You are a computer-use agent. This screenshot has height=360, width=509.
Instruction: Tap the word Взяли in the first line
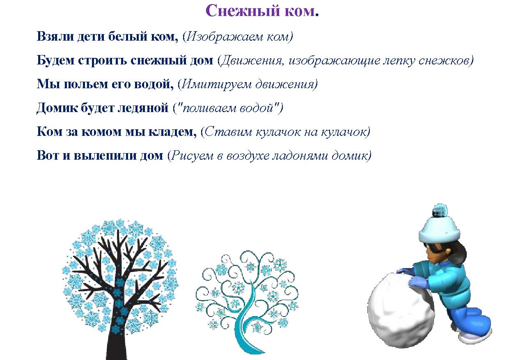[x=55, y=37]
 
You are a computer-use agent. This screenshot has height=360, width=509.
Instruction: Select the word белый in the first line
[x=128, y=37]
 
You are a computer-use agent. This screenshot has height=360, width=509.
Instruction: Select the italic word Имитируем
[x=217, y=84]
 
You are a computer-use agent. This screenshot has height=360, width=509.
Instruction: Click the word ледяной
[x=143, y=108]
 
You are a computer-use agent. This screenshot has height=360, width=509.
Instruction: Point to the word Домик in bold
[x=57, y=108]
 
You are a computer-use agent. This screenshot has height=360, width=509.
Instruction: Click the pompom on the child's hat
[x=440, y=211]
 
